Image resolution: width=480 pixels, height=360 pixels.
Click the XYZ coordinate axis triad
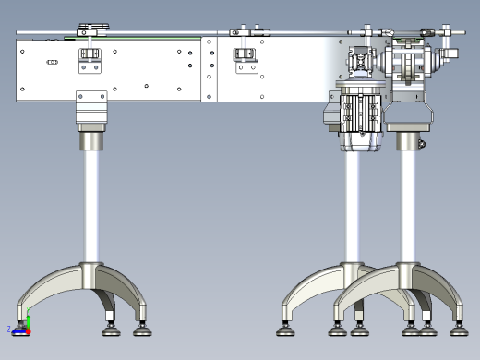pyautogui.click(x=24, y=325)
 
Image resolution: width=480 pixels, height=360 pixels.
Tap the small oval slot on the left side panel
pyautogui.click(x=53, y=62)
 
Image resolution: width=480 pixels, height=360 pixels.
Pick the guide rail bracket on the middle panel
pyautogui.click(x=245, y=60)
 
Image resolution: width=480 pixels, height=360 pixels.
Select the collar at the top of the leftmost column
pyautogui.click(x=91, y=140)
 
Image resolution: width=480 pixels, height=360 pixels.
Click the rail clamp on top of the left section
pyautogui.click(x=91, y=30)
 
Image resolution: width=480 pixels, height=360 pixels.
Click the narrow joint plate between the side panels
pyautogui.click(x=210, y=69)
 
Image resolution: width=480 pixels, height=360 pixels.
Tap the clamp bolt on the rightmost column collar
pyautogui.click(x=422, y=141)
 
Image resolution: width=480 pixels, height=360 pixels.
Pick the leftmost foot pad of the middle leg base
pyautogui.click(x=286, y=328)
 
